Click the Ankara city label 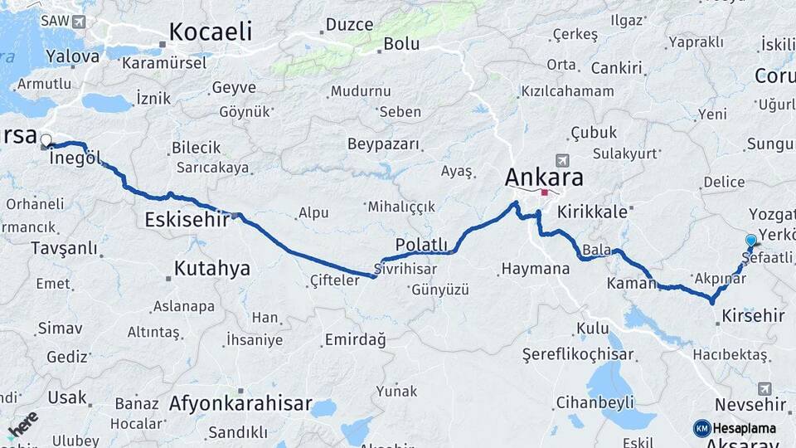[544, 177]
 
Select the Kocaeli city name [210, 32]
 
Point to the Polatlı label [421, 244]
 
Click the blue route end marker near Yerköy [751, 240]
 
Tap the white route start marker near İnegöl [46, 140]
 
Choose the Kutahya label [212, 269]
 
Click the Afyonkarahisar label [240, 405]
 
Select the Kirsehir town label [753, 315]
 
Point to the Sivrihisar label [405, 270]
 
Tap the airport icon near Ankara [563, 159]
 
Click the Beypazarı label [383, 144]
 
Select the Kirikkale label [592, 212]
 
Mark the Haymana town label [535, 269]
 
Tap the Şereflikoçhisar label [578, 354]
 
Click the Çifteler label [334, 280]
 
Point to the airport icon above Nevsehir [764, 387]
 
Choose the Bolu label [401, 45]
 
